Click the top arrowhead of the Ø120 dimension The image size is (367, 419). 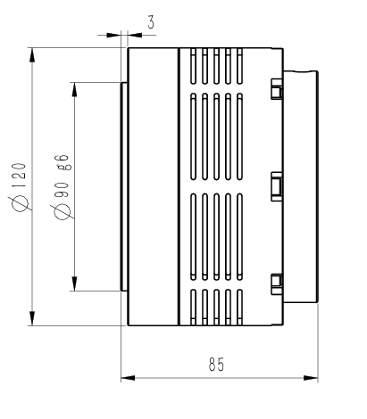tap(33, 53)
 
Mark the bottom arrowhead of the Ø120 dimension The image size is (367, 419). tap(33, 319)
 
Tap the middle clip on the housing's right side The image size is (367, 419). tap(276, 185)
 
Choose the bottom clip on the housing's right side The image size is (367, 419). tap(276, 283)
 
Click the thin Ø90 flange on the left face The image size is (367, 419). tap(124, 186)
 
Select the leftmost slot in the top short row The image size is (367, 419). tap(193, 63)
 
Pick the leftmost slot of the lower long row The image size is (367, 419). tap(193, 235)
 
